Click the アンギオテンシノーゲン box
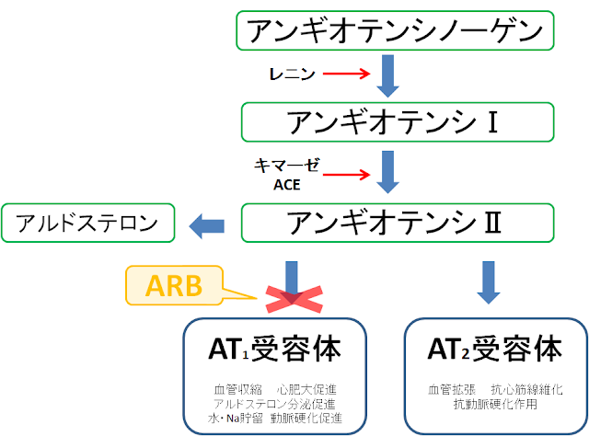tap(397, 32)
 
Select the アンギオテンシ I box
tap(397, 120)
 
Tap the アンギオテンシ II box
tap(397, 224)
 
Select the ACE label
tap(287, 183)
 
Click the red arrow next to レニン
tap(345, 73)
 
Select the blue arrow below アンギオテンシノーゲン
tap(388, 76)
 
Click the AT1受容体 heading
tap(275, 350)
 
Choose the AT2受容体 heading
tap(495, 350)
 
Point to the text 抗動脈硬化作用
tap(495, 404)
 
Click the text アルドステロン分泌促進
tap(275, 404)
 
